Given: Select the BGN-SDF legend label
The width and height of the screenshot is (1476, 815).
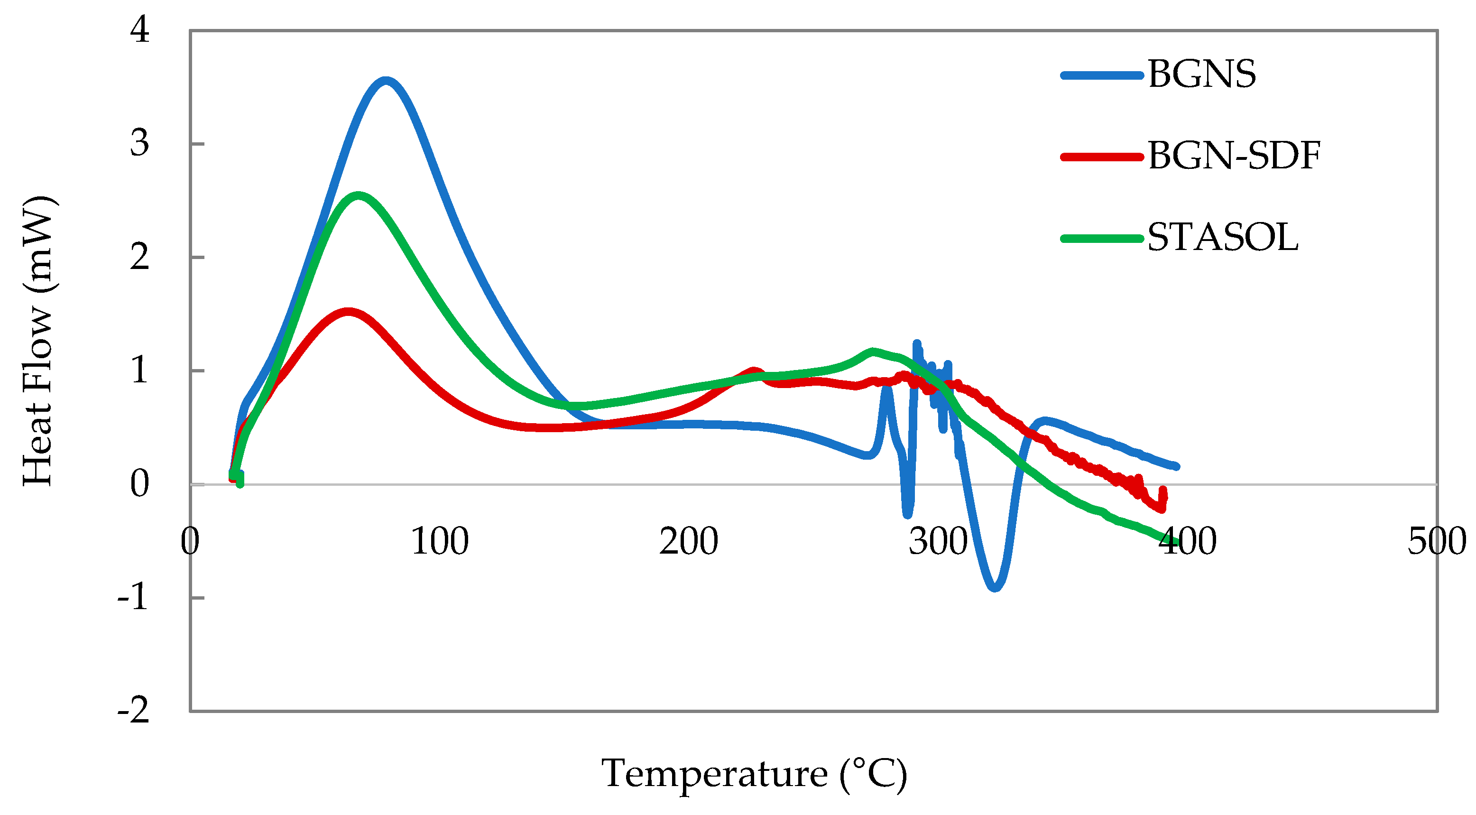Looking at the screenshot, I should click(1234, 157).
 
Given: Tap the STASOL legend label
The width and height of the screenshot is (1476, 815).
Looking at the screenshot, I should click(1222, 238).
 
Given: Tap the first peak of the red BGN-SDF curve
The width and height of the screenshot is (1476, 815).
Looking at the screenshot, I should click(348, 312).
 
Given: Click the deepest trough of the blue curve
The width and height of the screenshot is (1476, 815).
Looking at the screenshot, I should click(994, 587).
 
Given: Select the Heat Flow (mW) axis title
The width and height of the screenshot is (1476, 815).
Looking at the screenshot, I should click(38, 341).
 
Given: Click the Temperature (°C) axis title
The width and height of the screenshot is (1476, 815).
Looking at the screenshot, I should click(754, 774).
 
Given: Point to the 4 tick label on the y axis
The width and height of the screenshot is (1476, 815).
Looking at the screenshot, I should click(139, 30).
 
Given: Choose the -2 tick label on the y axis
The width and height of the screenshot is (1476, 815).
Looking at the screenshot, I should click(133, 711).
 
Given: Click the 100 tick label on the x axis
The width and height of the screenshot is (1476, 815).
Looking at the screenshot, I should click(440, 542).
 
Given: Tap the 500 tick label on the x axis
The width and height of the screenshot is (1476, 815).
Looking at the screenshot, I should click(1437, 542).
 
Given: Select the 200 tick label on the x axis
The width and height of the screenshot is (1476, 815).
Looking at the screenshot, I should click(688, 542).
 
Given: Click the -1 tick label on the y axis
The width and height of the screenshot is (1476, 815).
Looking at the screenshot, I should click(133, 598).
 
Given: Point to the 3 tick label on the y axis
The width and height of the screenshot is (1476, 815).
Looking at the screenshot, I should click(139, 143).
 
